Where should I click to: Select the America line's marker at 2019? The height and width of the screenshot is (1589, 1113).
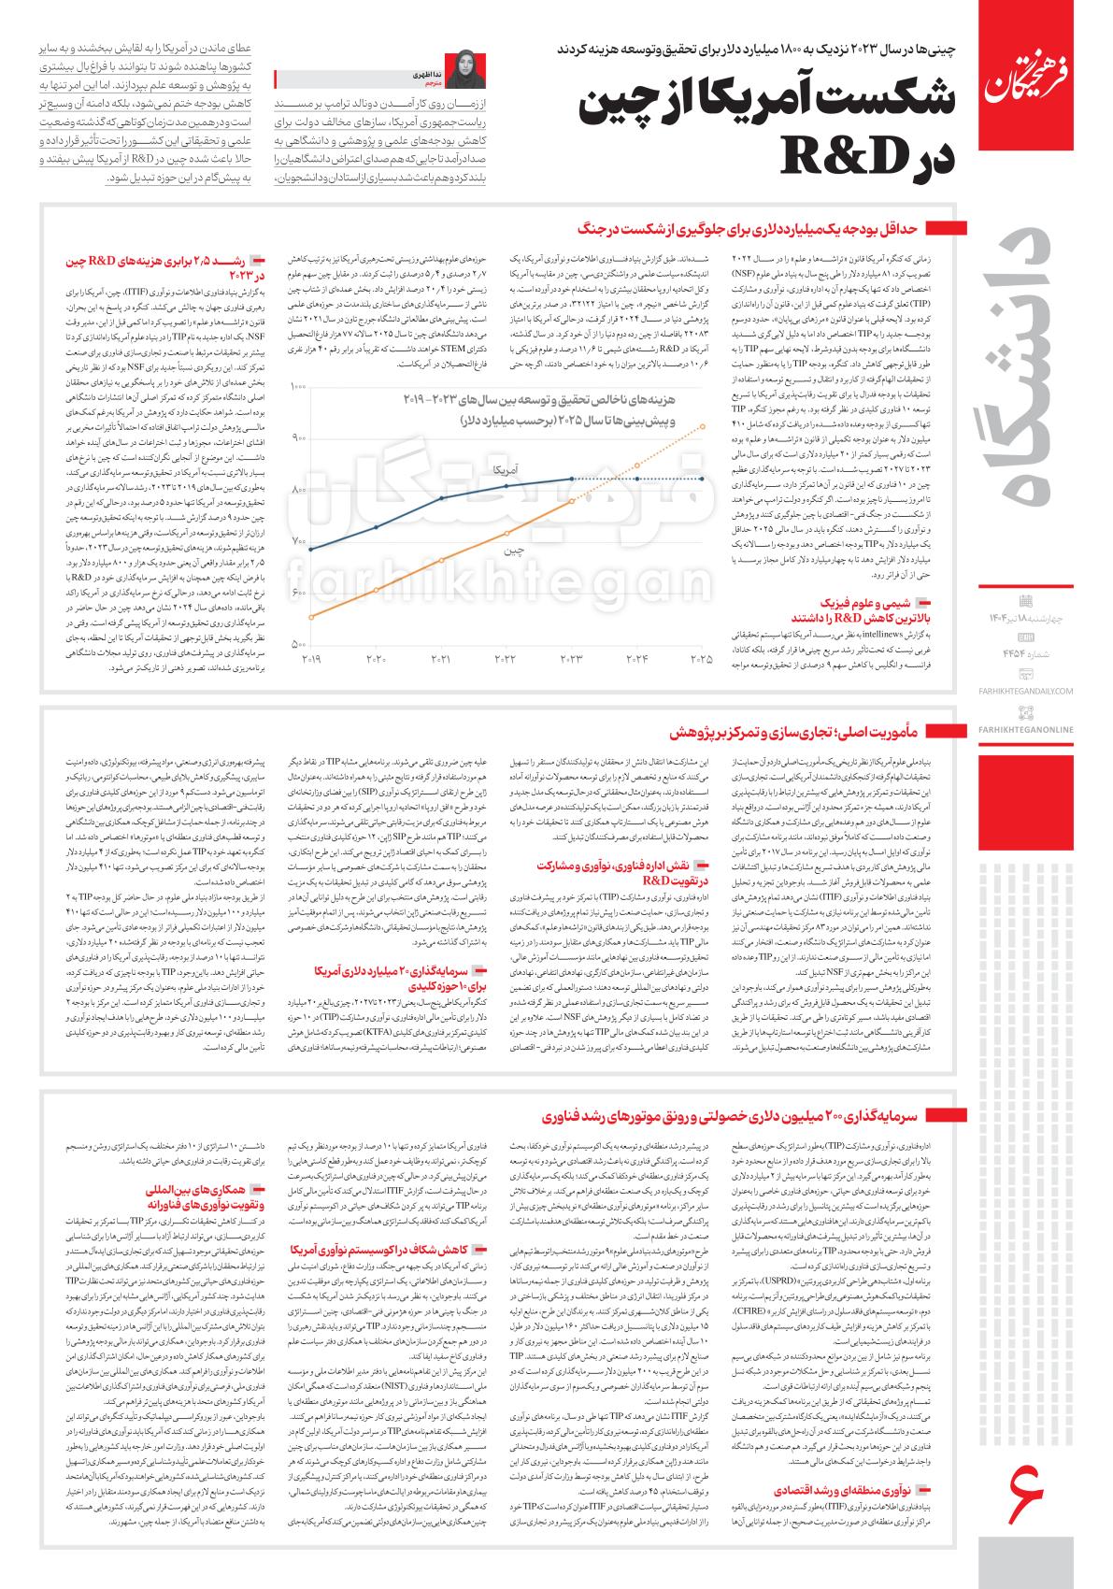pos(310,550)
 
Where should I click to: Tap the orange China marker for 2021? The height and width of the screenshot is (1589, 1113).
pos(441,560)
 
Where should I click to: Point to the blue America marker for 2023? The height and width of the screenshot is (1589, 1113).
pos(572,479)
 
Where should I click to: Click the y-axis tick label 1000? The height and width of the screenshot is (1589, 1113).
pos(299,386)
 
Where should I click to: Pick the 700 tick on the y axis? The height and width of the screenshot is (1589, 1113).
pos(300,542)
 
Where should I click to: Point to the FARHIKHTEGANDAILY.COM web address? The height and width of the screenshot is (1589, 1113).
pos(1026,691)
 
